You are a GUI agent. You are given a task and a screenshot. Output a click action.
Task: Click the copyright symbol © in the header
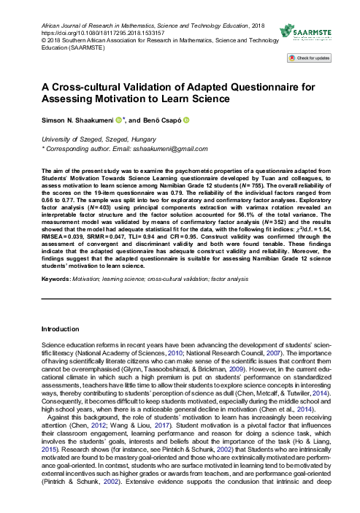click(44, 41)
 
